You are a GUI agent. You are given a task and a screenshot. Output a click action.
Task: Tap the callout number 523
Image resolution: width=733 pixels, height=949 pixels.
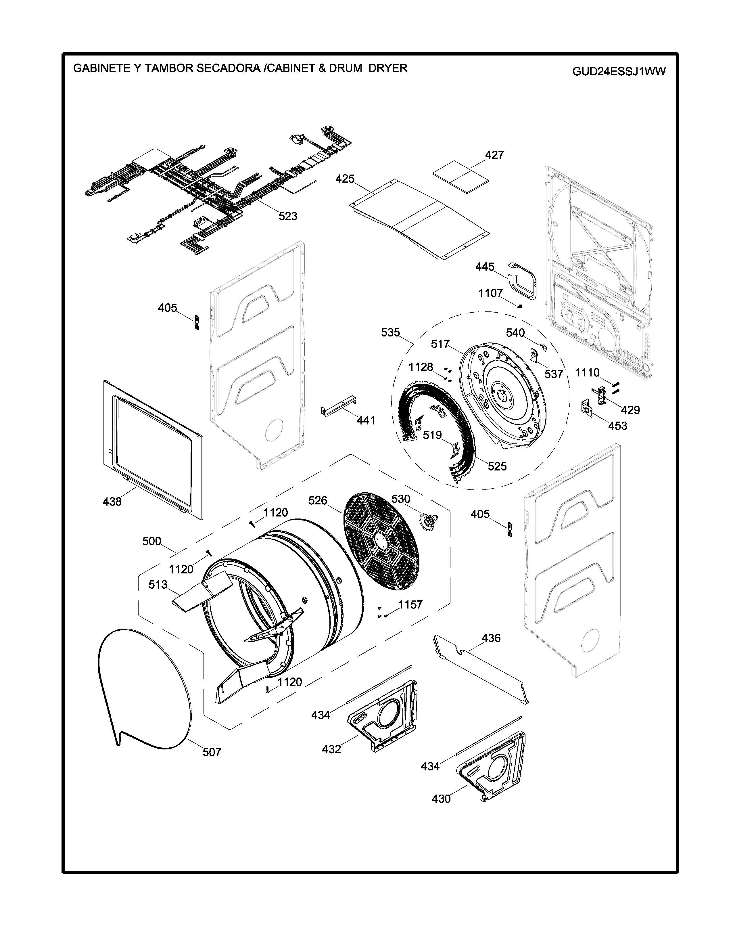pos(288,216)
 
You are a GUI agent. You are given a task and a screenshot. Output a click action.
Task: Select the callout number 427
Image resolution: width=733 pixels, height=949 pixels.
pos(494,155)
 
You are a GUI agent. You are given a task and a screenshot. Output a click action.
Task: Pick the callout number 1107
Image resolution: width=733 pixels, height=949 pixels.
pos(490,293)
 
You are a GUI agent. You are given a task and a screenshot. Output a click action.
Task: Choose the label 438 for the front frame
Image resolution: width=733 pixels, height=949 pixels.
pos(112,502)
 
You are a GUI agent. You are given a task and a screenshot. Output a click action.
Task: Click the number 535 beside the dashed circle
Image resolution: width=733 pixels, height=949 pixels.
pos(390,332)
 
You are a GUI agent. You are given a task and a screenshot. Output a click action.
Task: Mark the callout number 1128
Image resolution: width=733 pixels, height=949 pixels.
pos(420,367)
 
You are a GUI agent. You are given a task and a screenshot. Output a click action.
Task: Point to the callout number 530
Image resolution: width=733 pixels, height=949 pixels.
pos(400,499)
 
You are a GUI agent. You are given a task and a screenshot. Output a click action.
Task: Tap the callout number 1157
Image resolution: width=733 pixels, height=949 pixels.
pos(410,604)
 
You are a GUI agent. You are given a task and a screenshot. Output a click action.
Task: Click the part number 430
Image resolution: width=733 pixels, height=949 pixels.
pos(441,799)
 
